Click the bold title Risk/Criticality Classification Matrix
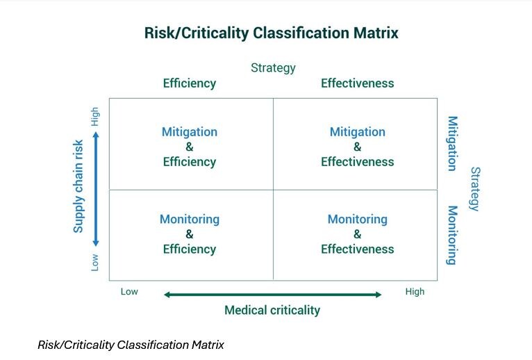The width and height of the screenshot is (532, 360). tap(271, 33)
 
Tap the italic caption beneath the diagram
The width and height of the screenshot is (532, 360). tap(131, 345)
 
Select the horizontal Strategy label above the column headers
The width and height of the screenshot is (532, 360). tap(273, 67)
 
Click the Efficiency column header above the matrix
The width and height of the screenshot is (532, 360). tap(190, 83)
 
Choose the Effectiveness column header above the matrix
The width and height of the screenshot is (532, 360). tap(357, 83)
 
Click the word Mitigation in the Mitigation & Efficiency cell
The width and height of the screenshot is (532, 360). tap(190, 132)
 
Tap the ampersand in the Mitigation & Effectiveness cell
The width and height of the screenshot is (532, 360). tap(357, 147)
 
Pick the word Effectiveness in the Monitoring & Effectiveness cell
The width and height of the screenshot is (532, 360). tap(357, 249)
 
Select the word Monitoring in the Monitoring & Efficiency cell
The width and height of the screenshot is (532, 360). tap(190, 219)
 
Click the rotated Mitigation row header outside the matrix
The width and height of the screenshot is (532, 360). tap(452, 143)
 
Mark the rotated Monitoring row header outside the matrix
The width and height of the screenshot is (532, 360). tap(452, 235)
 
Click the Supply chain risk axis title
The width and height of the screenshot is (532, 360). tap(78, 186)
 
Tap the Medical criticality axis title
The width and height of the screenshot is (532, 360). tap(272, 310)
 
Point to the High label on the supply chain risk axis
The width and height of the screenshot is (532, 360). tap(95, 116)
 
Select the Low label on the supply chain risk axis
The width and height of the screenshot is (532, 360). tap(95, 262)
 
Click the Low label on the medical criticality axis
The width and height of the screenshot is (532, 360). tap(129, 292)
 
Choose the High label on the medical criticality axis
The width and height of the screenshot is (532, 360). tap(415, 292)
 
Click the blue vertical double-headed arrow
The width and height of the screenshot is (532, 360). tap(96, 189)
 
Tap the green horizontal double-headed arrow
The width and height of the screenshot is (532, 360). tap(272, 295)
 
